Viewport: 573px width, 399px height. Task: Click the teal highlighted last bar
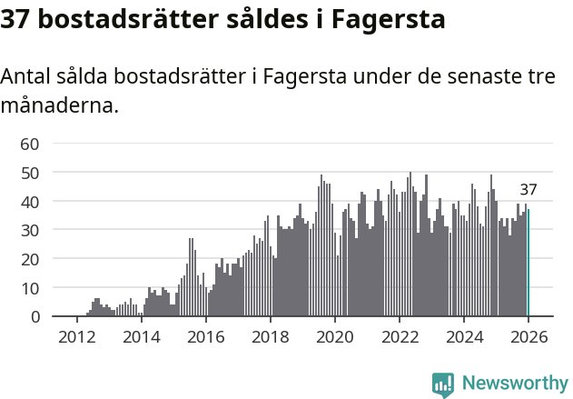coord(529,264)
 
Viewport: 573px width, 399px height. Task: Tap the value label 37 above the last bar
coord(529,190)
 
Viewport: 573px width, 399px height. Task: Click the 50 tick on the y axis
coord(29,172)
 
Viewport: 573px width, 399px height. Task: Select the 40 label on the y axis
coord(29,201)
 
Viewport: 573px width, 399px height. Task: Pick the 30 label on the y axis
coord(29,230)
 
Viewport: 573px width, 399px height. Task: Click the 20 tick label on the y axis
coord(29,259)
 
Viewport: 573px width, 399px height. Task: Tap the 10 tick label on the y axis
coord(29,288)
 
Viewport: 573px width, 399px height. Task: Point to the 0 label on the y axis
coord(34,317)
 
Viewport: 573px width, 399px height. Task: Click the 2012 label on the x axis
coord(76,336)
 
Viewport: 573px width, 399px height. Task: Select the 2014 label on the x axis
coord(141,336)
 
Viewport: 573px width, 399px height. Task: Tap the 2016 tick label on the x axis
coord(205,336)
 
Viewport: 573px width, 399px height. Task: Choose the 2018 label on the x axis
coord(270,336)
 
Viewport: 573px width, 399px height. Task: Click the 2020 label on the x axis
coord(334,336)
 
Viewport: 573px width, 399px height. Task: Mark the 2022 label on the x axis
coord(399,336)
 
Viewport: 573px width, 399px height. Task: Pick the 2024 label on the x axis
coord(463,336)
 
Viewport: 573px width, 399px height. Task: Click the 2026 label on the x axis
coord(528,336)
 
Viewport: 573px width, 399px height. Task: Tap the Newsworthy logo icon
coord(443,384)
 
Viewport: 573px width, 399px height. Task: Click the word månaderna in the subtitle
coord(59,105)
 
